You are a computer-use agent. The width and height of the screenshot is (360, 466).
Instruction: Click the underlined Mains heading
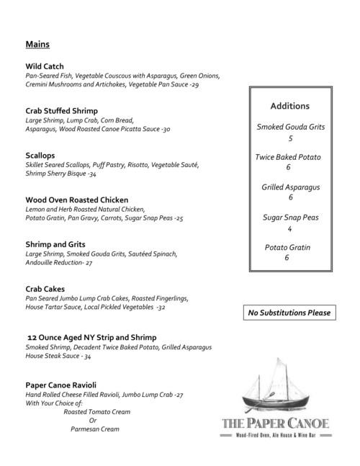click(37, 45)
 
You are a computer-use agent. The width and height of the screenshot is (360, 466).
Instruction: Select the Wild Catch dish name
click(45, 66)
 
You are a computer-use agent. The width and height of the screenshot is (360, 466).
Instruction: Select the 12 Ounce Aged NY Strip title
click(91, 337)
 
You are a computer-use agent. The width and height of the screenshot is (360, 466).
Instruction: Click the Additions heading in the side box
click(290, 106)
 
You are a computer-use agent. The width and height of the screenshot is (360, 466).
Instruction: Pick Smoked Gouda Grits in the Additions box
click(290, 127)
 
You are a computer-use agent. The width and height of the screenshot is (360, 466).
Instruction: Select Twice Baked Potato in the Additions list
click(288, 157)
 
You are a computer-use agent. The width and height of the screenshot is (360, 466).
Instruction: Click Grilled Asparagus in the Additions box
click(290, 187)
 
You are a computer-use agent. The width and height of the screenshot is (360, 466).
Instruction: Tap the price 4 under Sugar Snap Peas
click(290, 229)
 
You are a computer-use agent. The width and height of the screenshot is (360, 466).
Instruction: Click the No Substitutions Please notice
click(289, 313)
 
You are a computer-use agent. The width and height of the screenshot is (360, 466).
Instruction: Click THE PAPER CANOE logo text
click(274, 424)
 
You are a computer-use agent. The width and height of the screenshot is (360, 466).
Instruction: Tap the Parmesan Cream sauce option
click(94, 429)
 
